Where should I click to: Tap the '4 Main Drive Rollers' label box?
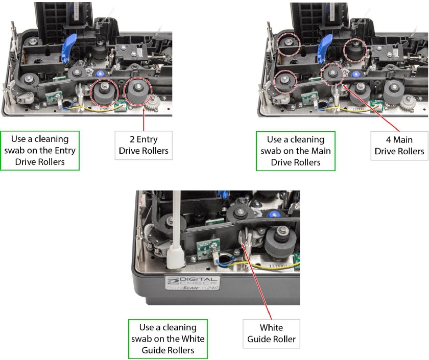click(x=397, y=146)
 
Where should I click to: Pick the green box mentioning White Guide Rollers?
click(x=168, y=340)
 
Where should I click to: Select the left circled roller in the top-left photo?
click(x=104, y=93)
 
